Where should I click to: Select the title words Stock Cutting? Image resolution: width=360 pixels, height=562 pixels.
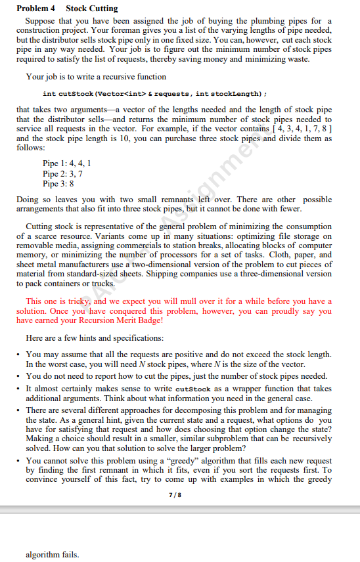pyautogui.click(x=92, y=9)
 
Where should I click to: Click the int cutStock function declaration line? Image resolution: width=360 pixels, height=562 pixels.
pyautogui.click(x=159, y=94)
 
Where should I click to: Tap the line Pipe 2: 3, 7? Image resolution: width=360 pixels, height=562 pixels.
pyautogui.click(x=62, y=173)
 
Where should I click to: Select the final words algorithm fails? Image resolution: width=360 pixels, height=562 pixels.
pyautogui.click(x=53, y=555)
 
